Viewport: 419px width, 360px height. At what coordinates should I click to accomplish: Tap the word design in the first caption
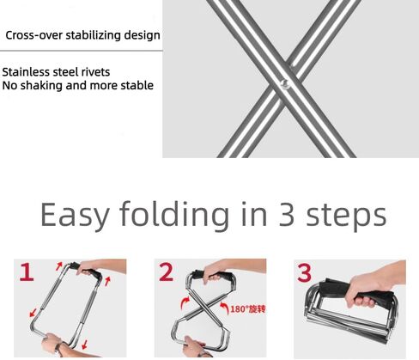pos(142,36)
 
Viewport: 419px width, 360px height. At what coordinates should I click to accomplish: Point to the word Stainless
pos(27,72)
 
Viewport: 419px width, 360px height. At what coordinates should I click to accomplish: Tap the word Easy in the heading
pos(80,215)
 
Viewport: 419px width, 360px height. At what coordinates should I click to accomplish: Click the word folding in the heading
pos(175,215)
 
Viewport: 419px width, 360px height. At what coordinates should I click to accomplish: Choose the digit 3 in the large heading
pos(282,215)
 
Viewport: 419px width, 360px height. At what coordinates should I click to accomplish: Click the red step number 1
pos(27,274)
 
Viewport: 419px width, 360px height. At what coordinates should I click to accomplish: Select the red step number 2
pos(166,274)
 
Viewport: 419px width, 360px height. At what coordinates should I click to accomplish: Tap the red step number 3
pos(305,274)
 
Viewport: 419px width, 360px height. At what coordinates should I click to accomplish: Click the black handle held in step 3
pos(361,299)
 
